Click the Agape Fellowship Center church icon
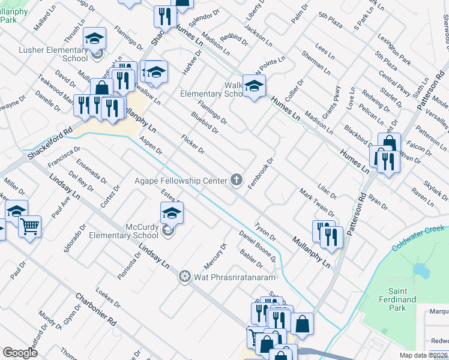point(237,179)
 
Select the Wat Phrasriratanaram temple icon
point(185,277)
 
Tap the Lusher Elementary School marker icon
point(94,39)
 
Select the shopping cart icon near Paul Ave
point(29,226)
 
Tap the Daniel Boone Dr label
point(257,247)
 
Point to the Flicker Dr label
point(193,143)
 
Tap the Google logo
point(20,353)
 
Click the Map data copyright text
point(423,355)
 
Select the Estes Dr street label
point(172,200)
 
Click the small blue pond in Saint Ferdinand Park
point(422,272)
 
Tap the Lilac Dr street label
point(327,192)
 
